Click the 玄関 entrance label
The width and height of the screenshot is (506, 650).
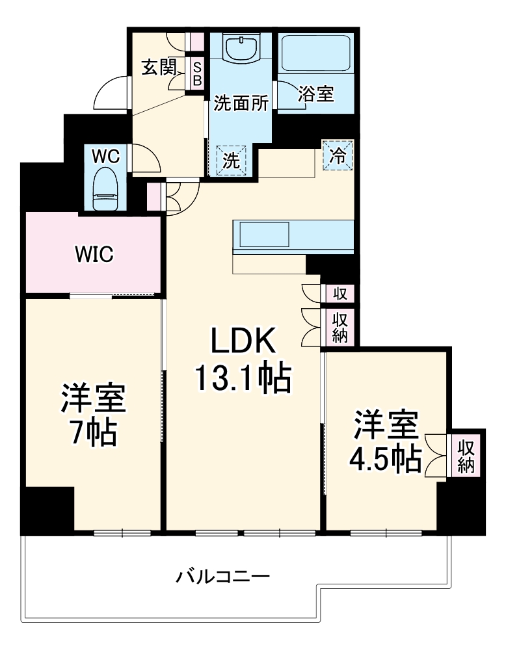(x=159, y=67)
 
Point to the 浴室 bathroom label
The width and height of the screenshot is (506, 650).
(x=316, y=94)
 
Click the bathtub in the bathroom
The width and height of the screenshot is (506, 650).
(x=316, y=52)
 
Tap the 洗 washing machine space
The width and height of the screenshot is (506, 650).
(x=232, y=160)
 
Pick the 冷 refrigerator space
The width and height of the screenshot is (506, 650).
(x=338, y=155)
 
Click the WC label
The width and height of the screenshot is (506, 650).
(x=105, y=157)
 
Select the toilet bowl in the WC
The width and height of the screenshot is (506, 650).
(x=104, y=188)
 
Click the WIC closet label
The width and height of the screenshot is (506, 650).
(x=94, y=254)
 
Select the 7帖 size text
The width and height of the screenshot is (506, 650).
(x=94, y=434)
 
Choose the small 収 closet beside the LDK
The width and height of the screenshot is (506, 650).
(x=340, y=294)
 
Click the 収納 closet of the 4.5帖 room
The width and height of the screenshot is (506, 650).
(x=466, y=456)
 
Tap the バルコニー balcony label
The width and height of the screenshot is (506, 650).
(x=222, y=576)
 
